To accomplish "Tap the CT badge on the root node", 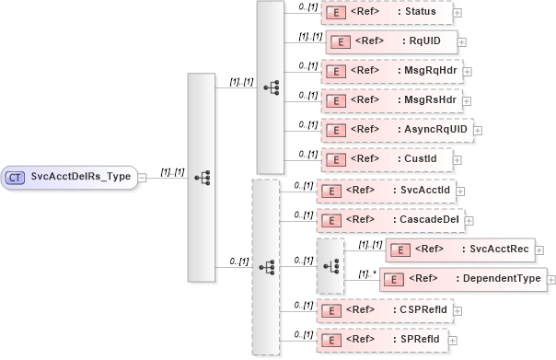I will click(x=16, y=177).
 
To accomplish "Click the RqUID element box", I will click(x=391, y=41).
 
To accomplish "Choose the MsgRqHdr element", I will click(x=392, y=70).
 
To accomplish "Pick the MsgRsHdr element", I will click(x=392, y=99).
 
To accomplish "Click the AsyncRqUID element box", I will click(x=397, y=129).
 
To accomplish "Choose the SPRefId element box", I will click(x=382, y=341).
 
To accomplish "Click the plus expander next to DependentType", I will click(x=551, y=278).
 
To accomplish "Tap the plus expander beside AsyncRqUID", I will click(x=478, y=129).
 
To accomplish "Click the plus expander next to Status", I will click(x=457, y=13).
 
